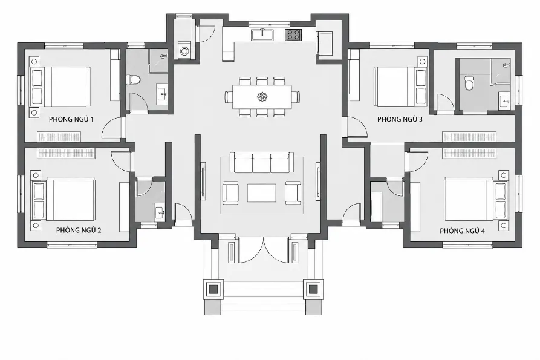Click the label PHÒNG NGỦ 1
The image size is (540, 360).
click(71, 119)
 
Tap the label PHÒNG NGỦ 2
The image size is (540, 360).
click(79, 230)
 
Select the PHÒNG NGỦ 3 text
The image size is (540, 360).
click(400, 119)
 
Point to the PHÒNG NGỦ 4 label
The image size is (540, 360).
click(462, 231)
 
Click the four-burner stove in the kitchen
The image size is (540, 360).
click(293, 34)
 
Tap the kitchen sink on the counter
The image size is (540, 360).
click(262, 35)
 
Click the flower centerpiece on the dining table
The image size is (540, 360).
click(262, 97)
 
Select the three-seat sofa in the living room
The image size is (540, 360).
click(262, 162)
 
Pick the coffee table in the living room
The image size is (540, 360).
click(261, 193)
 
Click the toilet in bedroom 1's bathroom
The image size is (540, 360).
click(133, 80)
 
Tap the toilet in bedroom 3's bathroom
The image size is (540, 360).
click(469, 83)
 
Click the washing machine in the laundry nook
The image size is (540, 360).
click(184, 50)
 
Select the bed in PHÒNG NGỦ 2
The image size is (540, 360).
click(63, 199)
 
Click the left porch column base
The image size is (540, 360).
click(213, 289)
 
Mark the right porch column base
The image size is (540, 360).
click(313, 289)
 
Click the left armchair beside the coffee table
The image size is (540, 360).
click(230, 192)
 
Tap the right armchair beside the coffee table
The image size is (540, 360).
click(293, 192)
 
